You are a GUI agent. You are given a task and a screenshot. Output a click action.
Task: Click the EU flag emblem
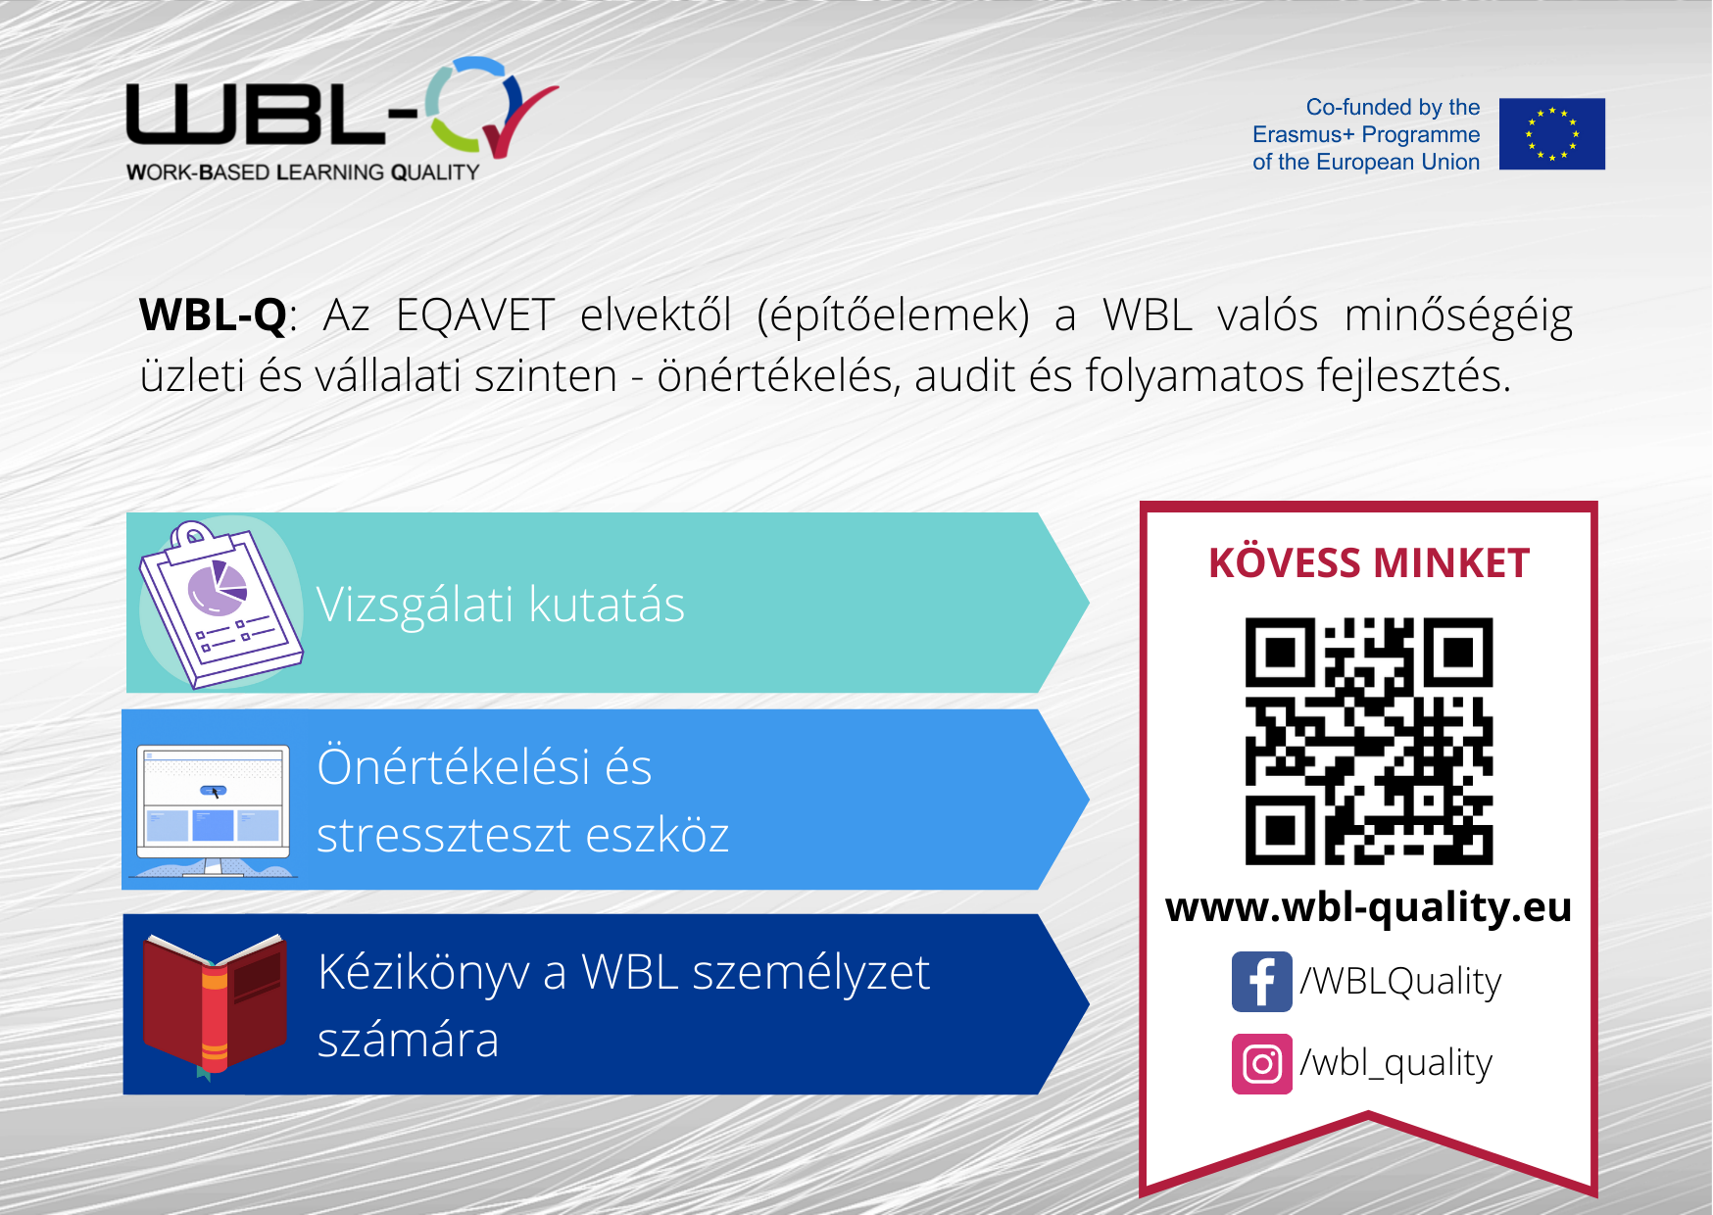(x=1552, y=134)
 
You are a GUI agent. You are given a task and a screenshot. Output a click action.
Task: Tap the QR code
(x=1369, y=741)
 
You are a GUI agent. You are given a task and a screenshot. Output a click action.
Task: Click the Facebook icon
(x=1262, y=981)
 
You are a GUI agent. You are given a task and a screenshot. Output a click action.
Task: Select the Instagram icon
(x=1262, y=1063)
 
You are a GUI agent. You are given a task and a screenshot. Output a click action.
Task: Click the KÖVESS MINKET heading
(x=1369, y=562)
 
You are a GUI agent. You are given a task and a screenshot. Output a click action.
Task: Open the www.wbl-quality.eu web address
(x=1369, y=907)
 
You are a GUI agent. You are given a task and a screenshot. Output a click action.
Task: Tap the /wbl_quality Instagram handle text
(x=1396, y=1063)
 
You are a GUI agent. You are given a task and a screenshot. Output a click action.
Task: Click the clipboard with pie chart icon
(x=220, y=605)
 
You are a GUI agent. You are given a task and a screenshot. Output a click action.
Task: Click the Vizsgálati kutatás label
(x=501, y=605)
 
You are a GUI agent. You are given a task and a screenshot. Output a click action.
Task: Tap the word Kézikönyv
(x=423, y=973)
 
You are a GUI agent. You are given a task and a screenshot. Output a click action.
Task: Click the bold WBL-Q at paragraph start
(x=214, y=316)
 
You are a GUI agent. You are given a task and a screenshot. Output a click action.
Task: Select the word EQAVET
(x=475, y=316)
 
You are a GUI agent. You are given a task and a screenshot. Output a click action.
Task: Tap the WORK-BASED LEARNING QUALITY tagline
(x=303, y=172)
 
